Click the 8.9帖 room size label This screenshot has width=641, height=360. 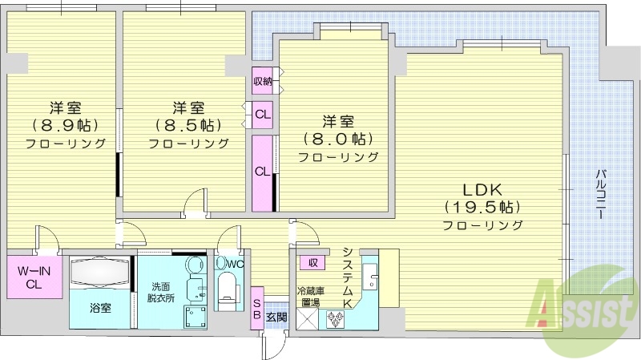point(64,125)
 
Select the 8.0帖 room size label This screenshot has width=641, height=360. point(338,139)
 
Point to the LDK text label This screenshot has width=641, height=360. point(483,190)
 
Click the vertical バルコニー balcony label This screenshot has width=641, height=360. point(601,196)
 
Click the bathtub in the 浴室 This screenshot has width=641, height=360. point(100,273)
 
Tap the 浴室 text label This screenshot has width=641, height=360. point(100,306)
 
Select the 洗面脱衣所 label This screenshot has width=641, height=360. point(156,291)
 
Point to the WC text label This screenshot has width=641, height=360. point(235,264)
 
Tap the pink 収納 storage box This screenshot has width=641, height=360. point(262,80)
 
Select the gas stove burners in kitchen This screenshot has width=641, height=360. point(334,318)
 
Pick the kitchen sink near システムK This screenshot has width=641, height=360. point(370,277)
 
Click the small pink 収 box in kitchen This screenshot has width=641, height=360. point(312,262)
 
